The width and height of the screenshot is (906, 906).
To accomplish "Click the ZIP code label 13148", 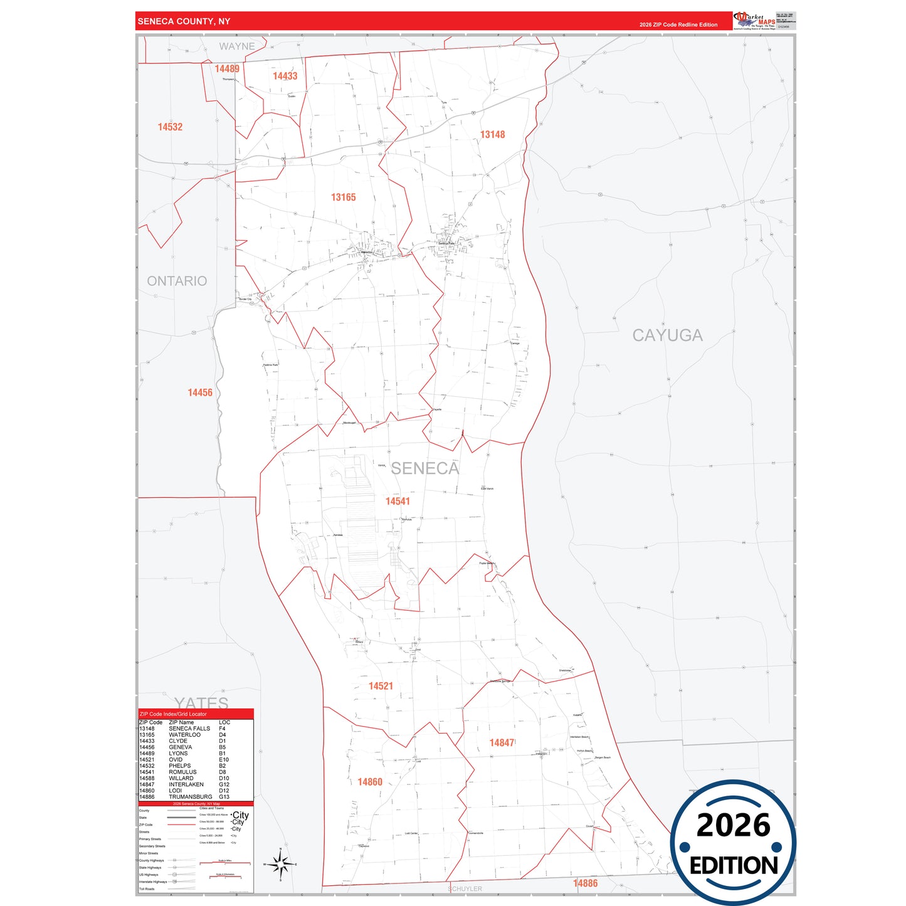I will (x=492, y=135).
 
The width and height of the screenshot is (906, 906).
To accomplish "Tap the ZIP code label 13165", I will (x=343, y=198).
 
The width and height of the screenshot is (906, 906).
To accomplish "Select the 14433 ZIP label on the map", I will (x=285, y=76).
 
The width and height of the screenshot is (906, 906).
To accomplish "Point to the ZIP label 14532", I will (x=170, y=127).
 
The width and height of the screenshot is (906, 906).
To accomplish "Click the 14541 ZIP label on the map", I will (x=398, y=502).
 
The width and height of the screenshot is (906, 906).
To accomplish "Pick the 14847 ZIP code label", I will (x=502, y=743).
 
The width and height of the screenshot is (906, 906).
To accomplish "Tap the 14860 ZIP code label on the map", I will (x=369, y=782).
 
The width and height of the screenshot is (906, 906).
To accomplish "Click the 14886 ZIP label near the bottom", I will (x=585, y=883).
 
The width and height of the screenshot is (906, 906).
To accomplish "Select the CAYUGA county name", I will (x=667, y=336).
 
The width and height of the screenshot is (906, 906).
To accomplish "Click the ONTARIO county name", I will (x=177, y=282).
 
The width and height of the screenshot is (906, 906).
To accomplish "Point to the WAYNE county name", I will (x=237, y=46).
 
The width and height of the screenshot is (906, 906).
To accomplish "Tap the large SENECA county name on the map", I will (x=424, y=468).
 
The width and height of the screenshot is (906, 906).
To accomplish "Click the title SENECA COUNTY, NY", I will (x=184, y=21).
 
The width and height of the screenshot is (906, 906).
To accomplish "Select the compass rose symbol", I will (x=280, y=865).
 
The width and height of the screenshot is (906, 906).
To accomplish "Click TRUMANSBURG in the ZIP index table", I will (x=190, y=797).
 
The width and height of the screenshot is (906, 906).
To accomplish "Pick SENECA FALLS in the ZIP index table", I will (x=189, y=729).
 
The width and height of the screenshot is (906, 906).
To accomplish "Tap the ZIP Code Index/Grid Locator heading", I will (x=173, y=714).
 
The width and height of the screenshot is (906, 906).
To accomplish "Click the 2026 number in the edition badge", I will (x=733, y=825).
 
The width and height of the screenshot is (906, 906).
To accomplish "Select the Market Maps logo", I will (x=754, y=21).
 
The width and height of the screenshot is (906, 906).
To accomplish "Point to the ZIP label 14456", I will (x=200, y=393).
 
